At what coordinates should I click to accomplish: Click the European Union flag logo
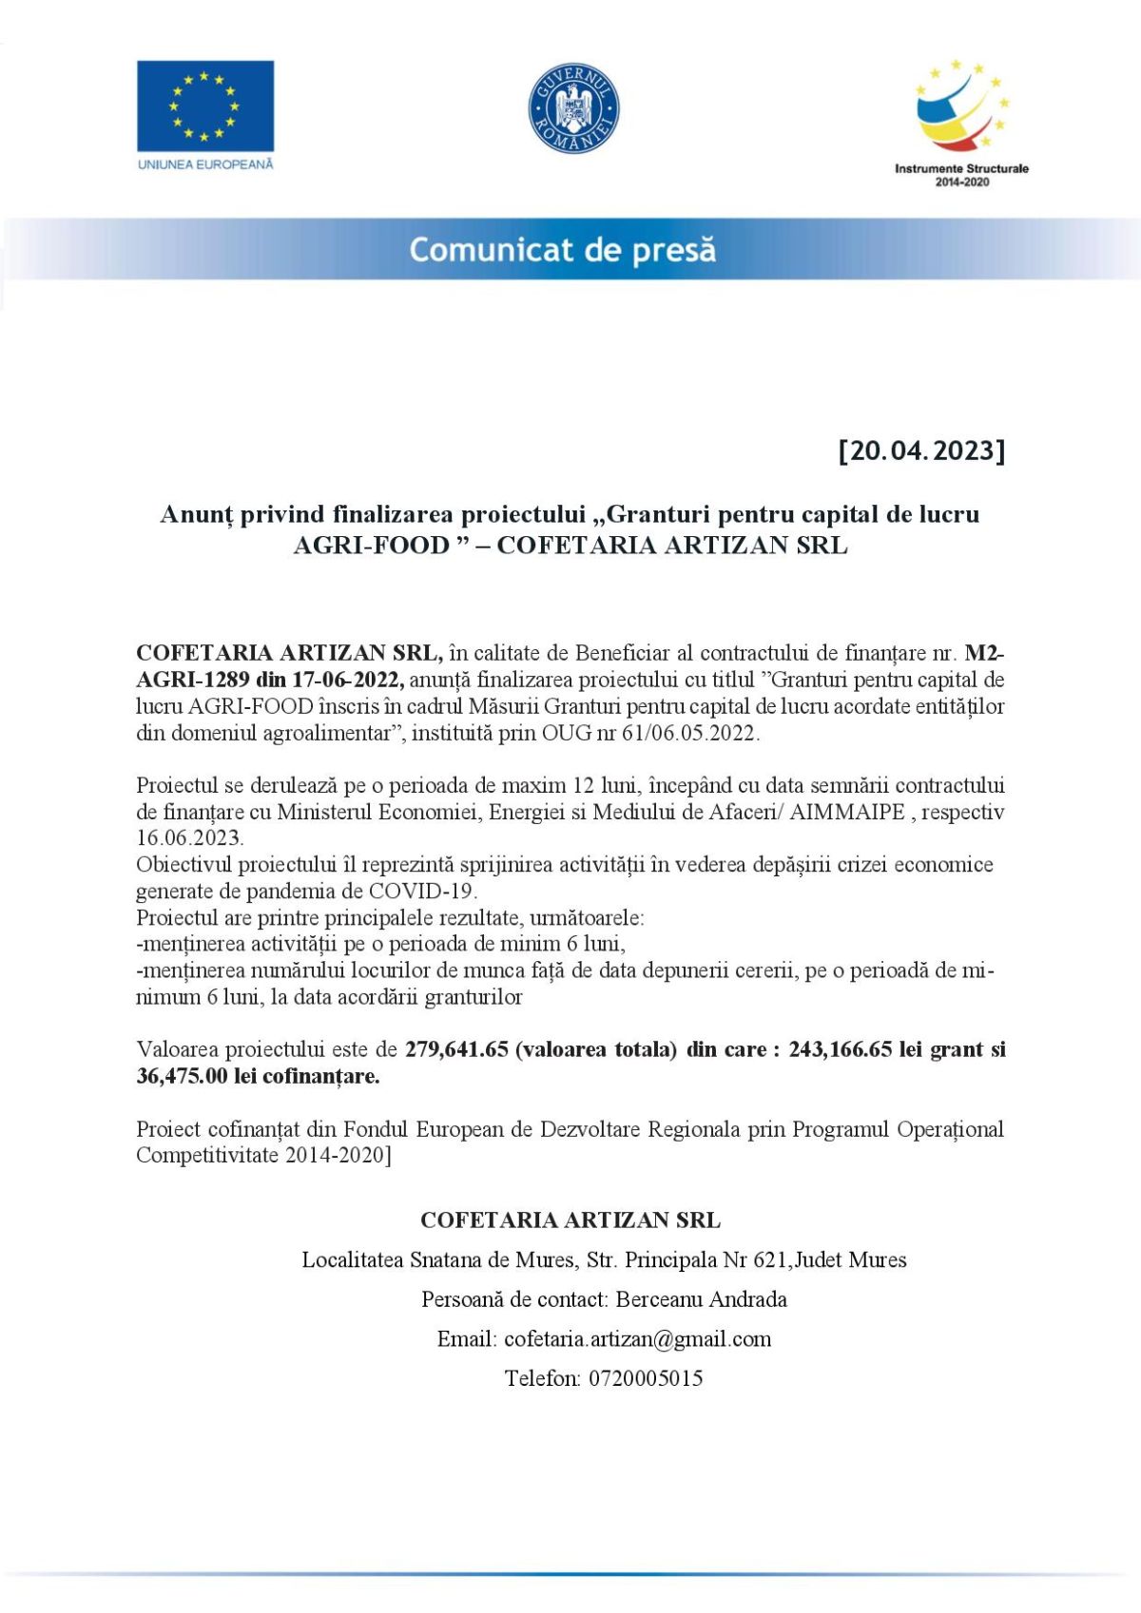(204, 106)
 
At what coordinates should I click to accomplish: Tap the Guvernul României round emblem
(573, 107)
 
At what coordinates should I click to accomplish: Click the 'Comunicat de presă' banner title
(563, 250)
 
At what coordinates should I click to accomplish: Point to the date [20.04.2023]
(921, 450)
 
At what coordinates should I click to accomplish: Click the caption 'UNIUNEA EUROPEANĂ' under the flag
(205, 164)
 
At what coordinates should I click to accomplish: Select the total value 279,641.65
(456, 1049)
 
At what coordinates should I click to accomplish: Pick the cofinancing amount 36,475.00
(182, 1076)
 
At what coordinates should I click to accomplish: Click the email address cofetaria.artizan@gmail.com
(637, 1339)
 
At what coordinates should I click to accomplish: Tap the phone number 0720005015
(646, 1378)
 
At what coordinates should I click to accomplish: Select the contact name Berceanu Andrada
(701, 1299)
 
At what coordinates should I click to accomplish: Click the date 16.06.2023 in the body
(189, 838)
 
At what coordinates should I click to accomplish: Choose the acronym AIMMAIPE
(847, 812)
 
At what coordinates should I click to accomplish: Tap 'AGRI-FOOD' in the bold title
(371, 546)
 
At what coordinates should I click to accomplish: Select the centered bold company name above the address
(570, 1220)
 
